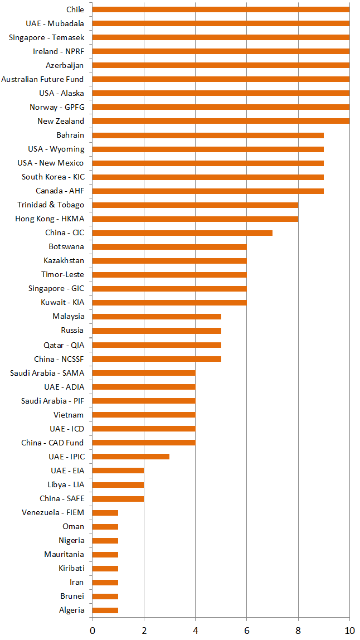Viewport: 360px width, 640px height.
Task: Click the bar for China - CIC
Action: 182,232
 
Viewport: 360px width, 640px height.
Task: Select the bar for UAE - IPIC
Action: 130,457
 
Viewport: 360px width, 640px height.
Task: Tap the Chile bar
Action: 221,9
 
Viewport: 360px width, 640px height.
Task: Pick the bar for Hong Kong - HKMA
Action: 195,219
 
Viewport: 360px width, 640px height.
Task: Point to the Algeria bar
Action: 105,610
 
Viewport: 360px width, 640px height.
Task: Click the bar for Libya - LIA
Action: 118,484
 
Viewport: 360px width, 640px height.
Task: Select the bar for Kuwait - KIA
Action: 169,303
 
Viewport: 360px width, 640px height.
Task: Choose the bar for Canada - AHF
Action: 208,191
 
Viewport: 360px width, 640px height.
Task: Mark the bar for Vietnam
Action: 143,415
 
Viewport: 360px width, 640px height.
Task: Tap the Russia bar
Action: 157,331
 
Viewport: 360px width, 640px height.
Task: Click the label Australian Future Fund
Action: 42,79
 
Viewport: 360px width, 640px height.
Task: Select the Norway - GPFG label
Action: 57,107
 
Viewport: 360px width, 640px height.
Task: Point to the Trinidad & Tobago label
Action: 51,205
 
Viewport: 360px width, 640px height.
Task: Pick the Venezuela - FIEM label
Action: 53,512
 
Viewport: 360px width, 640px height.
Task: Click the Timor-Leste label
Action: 62,274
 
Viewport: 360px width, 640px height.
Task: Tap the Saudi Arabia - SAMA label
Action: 47,372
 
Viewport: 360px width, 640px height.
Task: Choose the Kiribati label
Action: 71,568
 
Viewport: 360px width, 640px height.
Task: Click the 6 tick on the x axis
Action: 246,630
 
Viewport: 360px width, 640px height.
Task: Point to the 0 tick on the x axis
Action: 92,630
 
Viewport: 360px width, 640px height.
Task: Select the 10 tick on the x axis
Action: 349,630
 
